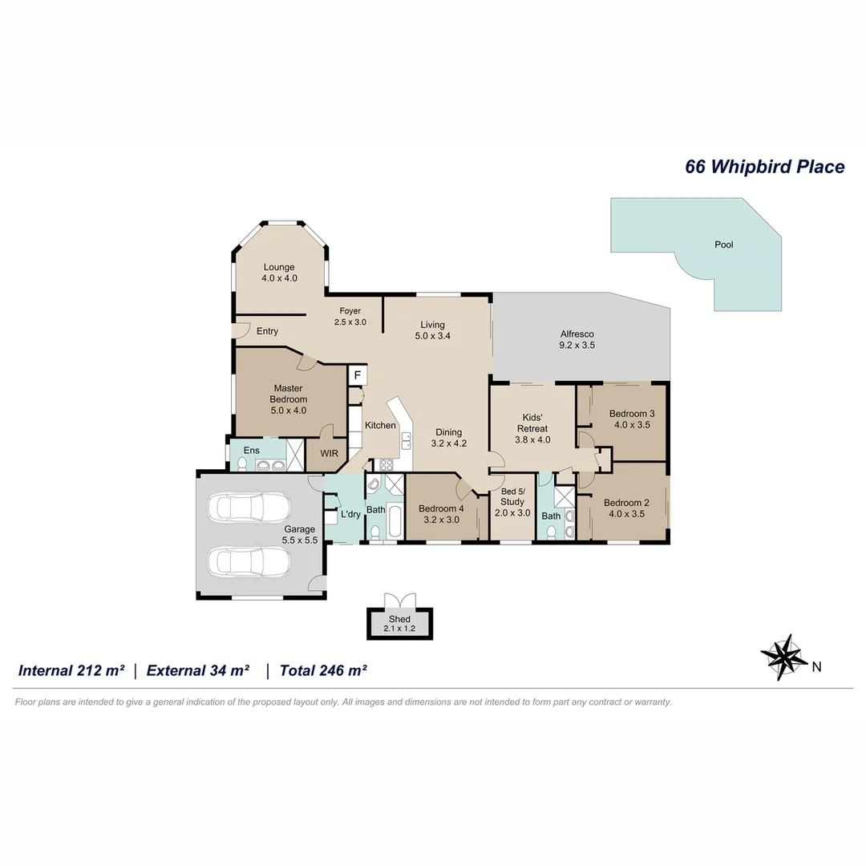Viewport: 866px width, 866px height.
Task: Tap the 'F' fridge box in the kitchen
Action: coord(357,375)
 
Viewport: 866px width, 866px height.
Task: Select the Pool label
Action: coord(723,245)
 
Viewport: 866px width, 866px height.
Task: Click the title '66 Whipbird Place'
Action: coord(764,167)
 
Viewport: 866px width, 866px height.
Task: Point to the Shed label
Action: coord(399,619)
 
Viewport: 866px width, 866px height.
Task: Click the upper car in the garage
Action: coord(248,508)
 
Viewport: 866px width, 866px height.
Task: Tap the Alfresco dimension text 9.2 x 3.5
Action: coord(577,346)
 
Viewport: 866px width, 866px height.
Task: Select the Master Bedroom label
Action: coord(288,394)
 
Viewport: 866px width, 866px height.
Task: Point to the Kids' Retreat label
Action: coord(532,423)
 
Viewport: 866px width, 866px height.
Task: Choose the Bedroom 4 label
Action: coord(441,508)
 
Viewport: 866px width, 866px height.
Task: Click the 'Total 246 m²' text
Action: coord(322,670)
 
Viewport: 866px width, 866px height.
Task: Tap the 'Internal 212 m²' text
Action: coord(71,670)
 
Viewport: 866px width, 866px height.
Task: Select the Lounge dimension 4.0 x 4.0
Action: coord(279,278)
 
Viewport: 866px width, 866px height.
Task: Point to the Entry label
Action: coord(267,331)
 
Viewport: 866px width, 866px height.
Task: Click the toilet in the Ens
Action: coord(241,463)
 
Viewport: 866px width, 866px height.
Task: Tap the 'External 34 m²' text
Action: coord(198,670)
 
